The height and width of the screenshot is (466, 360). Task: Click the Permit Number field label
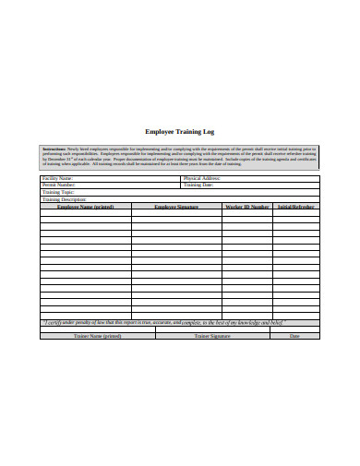click(x=58, y=185)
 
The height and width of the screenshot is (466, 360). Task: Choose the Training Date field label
click(x=198, y=185)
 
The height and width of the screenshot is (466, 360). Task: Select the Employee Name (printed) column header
click(x=85, y=207)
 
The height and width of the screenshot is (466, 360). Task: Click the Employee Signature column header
click(x=175, y=207)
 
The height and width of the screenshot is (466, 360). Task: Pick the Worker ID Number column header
click(x=246, y=207)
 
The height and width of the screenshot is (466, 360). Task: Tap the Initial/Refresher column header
click(x=296, y=207)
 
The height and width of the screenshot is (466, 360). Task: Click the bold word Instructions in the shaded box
click(x=54, y=148)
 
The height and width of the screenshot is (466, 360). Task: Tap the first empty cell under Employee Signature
click(x=175, y=215)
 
